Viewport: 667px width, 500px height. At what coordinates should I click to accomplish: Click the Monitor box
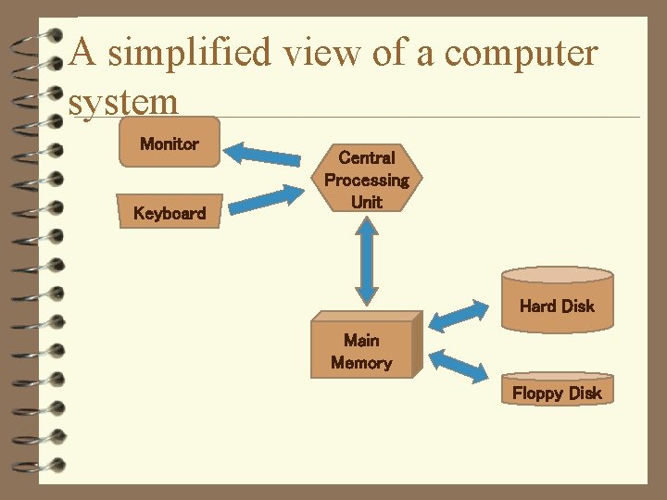tap(169, 143)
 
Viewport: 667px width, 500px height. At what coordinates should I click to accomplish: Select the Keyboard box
tap(169, 212)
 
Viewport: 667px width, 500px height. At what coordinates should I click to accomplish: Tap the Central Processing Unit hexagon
tap(366, 180)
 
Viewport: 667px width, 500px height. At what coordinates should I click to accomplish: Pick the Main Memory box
tap(362, 351)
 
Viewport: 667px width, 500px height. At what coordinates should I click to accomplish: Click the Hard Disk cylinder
tap(557, 300)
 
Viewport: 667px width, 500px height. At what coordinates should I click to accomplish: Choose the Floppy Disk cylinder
tap(557, 390)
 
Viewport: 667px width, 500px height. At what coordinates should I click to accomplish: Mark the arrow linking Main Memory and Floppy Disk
tap(459, 364)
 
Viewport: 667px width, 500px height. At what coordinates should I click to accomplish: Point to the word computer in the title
tap(521, 53)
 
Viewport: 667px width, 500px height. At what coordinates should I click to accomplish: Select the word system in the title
tap(123, 102)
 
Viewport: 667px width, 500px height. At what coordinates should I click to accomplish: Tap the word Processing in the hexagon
tap(366, 180)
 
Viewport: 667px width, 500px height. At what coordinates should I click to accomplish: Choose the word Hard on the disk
tap(537, 306)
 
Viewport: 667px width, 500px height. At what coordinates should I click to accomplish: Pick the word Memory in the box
tap(361, 363)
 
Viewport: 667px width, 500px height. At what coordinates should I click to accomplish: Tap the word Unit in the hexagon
tap(367, 201)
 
